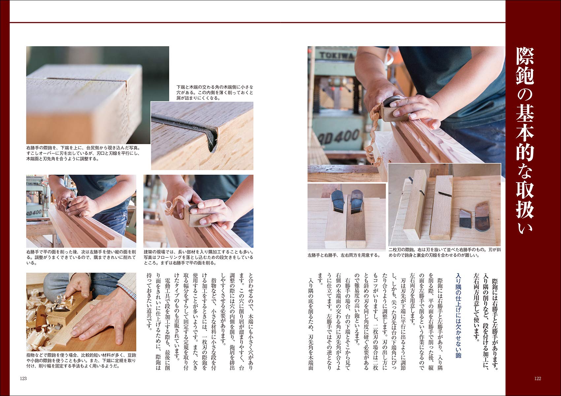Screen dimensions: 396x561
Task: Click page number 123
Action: pyautogui.click(x=23, y=379)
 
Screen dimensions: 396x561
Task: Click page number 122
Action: pyautogui.click(x=538, y=379)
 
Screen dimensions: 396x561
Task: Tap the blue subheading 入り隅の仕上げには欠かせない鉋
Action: pyautogui.click(x=458, y=315)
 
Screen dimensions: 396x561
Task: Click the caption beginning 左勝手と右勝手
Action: pyautogui.click(x=344, y=255)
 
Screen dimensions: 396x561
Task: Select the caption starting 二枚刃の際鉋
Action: pyautogui.click(x=444, y=252)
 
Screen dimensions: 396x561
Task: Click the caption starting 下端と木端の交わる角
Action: pyautogui.click(x=215, y=92)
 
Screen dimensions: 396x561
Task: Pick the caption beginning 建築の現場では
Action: pyautogui.click(x=198, y=257)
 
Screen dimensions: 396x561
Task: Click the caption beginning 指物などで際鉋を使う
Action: pyautogui.click(x=81, y=360)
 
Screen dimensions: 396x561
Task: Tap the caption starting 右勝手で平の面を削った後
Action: pyautogui.click(x=81, y=257)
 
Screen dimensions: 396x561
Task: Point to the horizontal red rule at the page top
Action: pyautogui.click(x=257, y=22)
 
